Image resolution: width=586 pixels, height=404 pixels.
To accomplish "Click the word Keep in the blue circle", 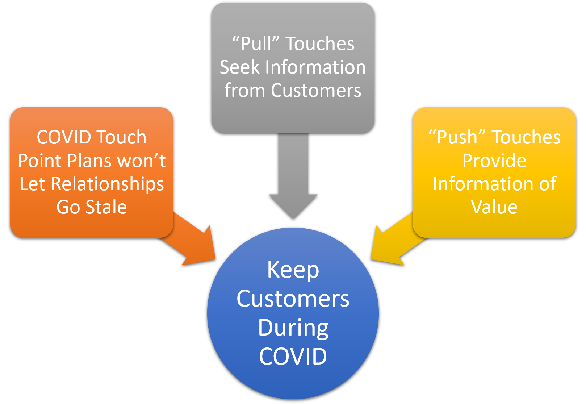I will tap(293, 270).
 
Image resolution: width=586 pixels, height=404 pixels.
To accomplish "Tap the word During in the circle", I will tap(293, 328).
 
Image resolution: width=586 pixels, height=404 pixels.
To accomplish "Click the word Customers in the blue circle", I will tap(293, 299).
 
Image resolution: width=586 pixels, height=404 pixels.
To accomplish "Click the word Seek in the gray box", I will tap(240, 67).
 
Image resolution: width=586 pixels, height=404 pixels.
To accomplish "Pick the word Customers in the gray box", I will tap(316, 91).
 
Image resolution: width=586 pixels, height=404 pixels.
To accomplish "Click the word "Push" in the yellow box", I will tap(457, 137).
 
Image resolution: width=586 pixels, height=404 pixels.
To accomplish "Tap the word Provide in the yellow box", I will tap(494, 161).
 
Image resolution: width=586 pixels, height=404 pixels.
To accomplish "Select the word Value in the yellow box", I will tap(494, 207).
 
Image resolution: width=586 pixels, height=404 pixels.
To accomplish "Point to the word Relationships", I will tap(107, 184).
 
